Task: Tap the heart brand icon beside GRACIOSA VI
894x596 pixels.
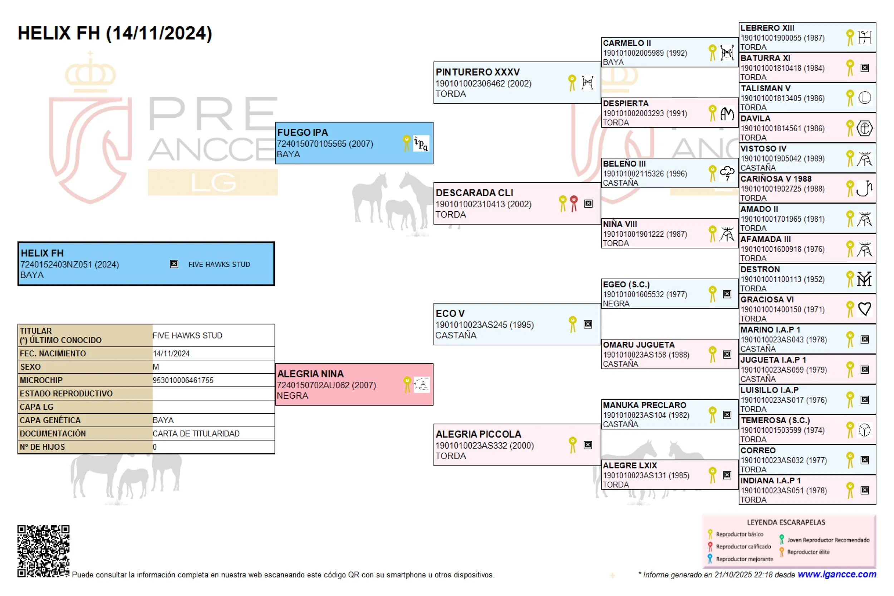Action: point(864,309)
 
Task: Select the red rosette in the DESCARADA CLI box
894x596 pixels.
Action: point(574,203)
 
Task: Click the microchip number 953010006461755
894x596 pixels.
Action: point(183,380)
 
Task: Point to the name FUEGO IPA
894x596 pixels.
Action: point(302,132)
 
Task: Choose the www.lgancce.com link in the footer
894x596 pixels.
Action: point(836,574)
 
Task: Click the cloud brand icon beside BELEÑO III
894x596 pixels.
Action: point(727,173)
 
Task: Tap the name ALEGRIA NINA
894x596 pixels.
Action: point(310,374)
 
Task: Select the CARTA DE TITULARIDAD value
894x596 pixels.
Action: point(196,433)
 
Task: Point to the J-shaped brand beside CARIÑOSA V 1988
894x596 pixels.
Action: point(864,188)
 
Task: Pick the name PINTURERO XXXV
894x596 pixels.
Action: point(477,72)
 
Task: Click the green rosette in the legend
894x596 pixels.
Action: point(781,540)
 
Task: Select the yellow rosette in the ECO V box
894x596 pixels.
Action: point(573,324)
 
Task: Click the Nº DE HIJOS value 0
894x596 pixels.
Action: point(155,447)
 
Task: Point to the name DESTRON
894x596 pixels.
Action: point(760,269)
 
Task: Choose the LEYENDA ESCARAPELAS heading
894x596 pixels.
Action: point(786,522)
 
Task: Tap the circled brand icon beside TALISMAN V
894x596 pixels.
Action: point(864,98)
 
